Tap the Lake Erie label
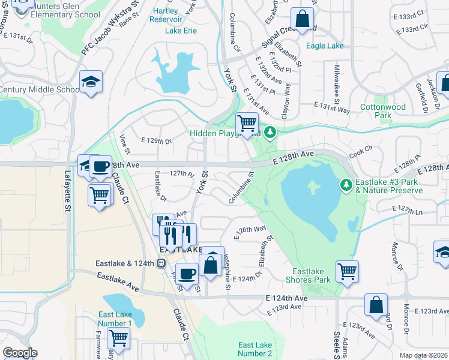(181, 30)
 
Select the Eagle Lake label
(325, 46)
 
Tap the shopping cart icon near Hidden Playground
(247, 124)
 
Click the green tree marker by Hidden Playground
(270, 131)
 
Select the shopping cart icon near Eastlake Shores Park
(347, 271)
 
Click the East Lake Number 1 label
(115, 319)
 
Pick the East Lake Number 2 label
(255, 349)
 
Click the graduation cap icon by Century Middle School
(91, 82)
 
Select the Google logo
(20, 353)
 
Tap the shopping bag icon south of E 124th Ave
(376, 305)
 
